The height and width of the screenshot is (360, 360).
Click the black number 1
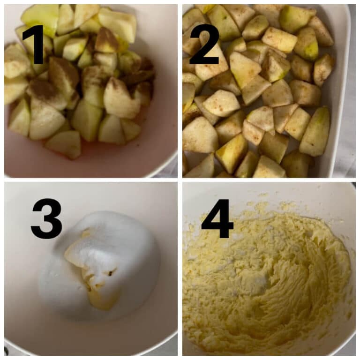(x=34, y=45)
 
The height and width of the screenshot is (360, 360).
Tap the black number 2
(x=204, y=45)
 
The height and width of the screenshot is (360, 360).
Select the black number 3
(x=46, y=219)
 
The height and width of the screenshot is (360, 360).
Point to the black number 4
(x=217, y=219)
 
